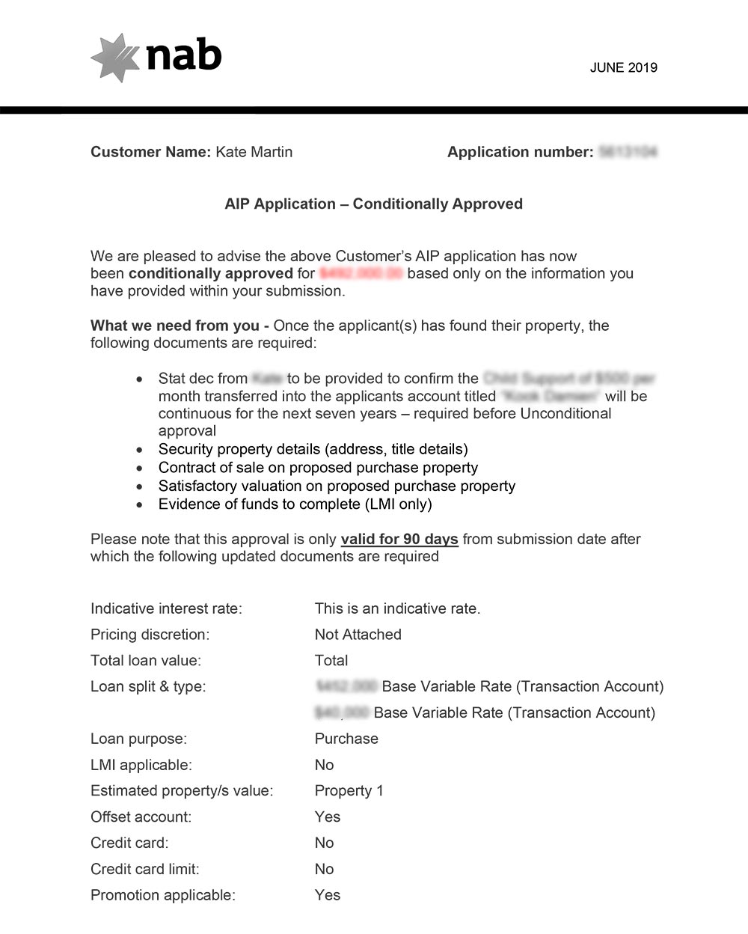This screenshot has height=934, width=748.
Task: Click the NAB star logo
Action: [x=114, y=57]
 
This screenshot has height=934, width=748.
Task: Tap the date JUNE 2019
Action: [x=623, y=67]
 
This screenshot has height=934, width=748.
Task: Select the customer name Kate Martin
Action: [x=254, y=152]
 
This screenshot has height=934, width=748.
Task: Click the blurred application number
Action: [x=628, y=152]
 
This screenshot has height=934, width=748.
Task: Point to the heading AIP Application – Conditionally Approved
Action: [x=373, y=204]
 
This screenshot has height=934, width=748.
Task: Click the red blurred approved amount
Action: [x=361, y=273]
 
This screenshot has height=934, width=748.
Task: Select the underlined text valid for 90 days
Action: [x=399, y=539]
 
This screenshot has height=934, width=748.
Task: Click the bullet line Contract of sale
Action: [x=318, y=468]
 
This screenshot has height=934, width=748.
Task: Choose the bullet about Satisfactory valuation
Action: [x=337, y=486]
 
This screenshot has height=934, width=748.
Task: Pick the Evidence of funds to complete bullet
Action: [x=295, y=504]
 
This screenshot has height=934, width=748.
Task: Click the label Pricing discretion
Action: [x=150, y=635]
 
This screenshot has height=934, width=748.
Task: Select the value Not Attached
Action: [x=358, y=635]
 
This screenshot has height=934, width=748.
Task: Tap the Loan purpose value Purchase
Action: [x=346, y=739]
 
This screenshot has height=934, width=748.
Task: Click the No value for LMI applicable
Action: [x=324, y=765]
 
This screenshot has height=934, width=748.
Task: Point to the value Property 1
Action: [x=349, y=791]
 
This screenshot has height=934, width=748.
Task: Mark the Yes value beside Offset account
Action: [x=328, y=817]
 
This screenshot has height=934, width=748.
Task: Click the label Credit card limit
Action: [x=144, y=869]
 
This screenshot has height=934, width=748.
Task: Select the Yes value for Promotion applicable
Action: [x=328, y=895]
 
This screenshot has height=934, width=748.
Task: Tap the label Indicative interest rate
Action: [x=166, y=608]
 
